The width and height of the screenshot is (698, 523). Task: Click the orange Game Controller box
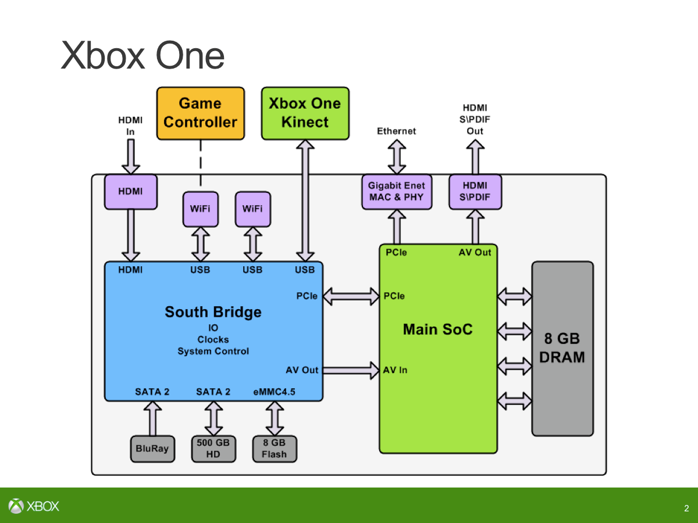tap(200, 113)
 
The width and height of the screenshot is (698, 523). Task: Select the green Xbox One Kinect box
tap(305, 113)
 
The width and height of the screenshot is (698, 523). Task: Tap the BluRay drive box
tap(152, 449)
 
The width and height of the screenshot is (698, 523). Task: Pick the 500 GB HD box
tap(213, 449)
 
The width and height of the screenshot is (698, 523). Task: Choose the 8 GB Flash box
tap(274, 449)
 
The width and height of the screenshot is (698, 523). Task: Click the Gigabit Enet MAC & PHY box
tap(397, 192)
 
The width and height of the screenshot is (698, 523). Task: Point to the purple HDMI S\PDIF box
tap(475, 192)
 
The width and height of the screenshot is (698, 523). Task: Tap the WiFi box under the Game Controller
tap(201, 209)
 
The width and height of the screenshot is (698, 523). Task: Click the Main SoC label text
tap(437, 329)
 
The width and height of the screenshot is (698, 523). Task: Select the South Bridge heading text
tap(213, 312)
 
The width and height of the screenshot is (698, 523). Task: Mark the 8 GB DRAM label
tap(562, 348)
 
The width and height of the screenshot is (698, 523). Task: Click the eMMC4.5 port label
tap(274, 392)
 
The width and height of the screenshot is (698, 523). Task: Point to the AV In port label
tap(395, 370)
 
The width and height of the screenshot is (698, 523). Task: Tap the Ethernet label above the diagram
tap(397, 131)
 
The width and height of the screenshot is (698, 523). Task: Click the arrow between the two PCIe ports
tap(351, 296)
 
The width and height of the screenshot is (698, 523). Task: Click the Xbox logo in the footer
tap(34, 506)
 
